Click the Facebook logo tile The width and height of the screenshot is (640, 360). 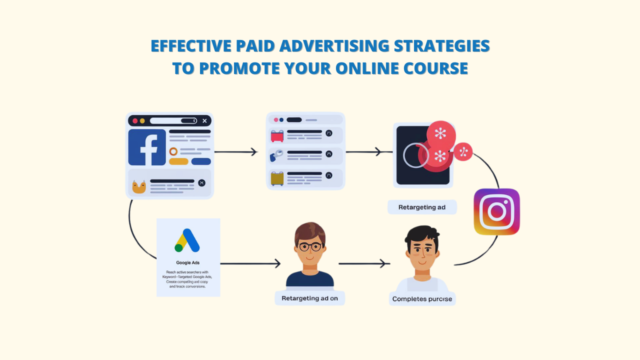click(147, 147)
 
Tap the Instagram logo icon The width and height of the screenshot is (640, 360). click(496, 211)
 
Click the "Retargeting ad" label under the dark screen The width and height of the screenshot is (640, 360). click(421, 207)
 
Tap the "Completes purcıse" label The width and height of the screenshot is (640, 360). click(422, 299)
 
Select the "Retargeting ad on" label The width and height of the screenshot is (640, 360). click(309, 298)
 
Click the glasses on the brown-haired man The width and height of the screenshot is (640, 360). click(309, 246)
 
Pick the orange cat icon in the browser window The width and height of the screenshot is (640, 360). click(138, 187)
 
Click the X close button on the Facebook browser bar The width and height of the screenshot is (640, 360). click(204, 121)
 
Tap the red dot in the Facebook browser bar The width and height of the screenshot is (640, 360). click(135, 121)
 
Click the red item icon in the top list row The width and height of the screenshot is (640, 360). click(277, 135)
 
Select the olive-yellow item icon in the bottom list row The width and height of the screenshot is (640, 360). click(277, 178)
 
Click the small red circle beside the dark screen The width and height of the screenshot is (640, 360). click(463, 151)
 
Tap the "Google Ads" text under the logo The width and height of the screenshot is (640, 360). click(188, 262)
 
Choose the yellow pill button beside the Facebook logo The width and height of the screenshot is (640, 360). click(178, 161)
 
